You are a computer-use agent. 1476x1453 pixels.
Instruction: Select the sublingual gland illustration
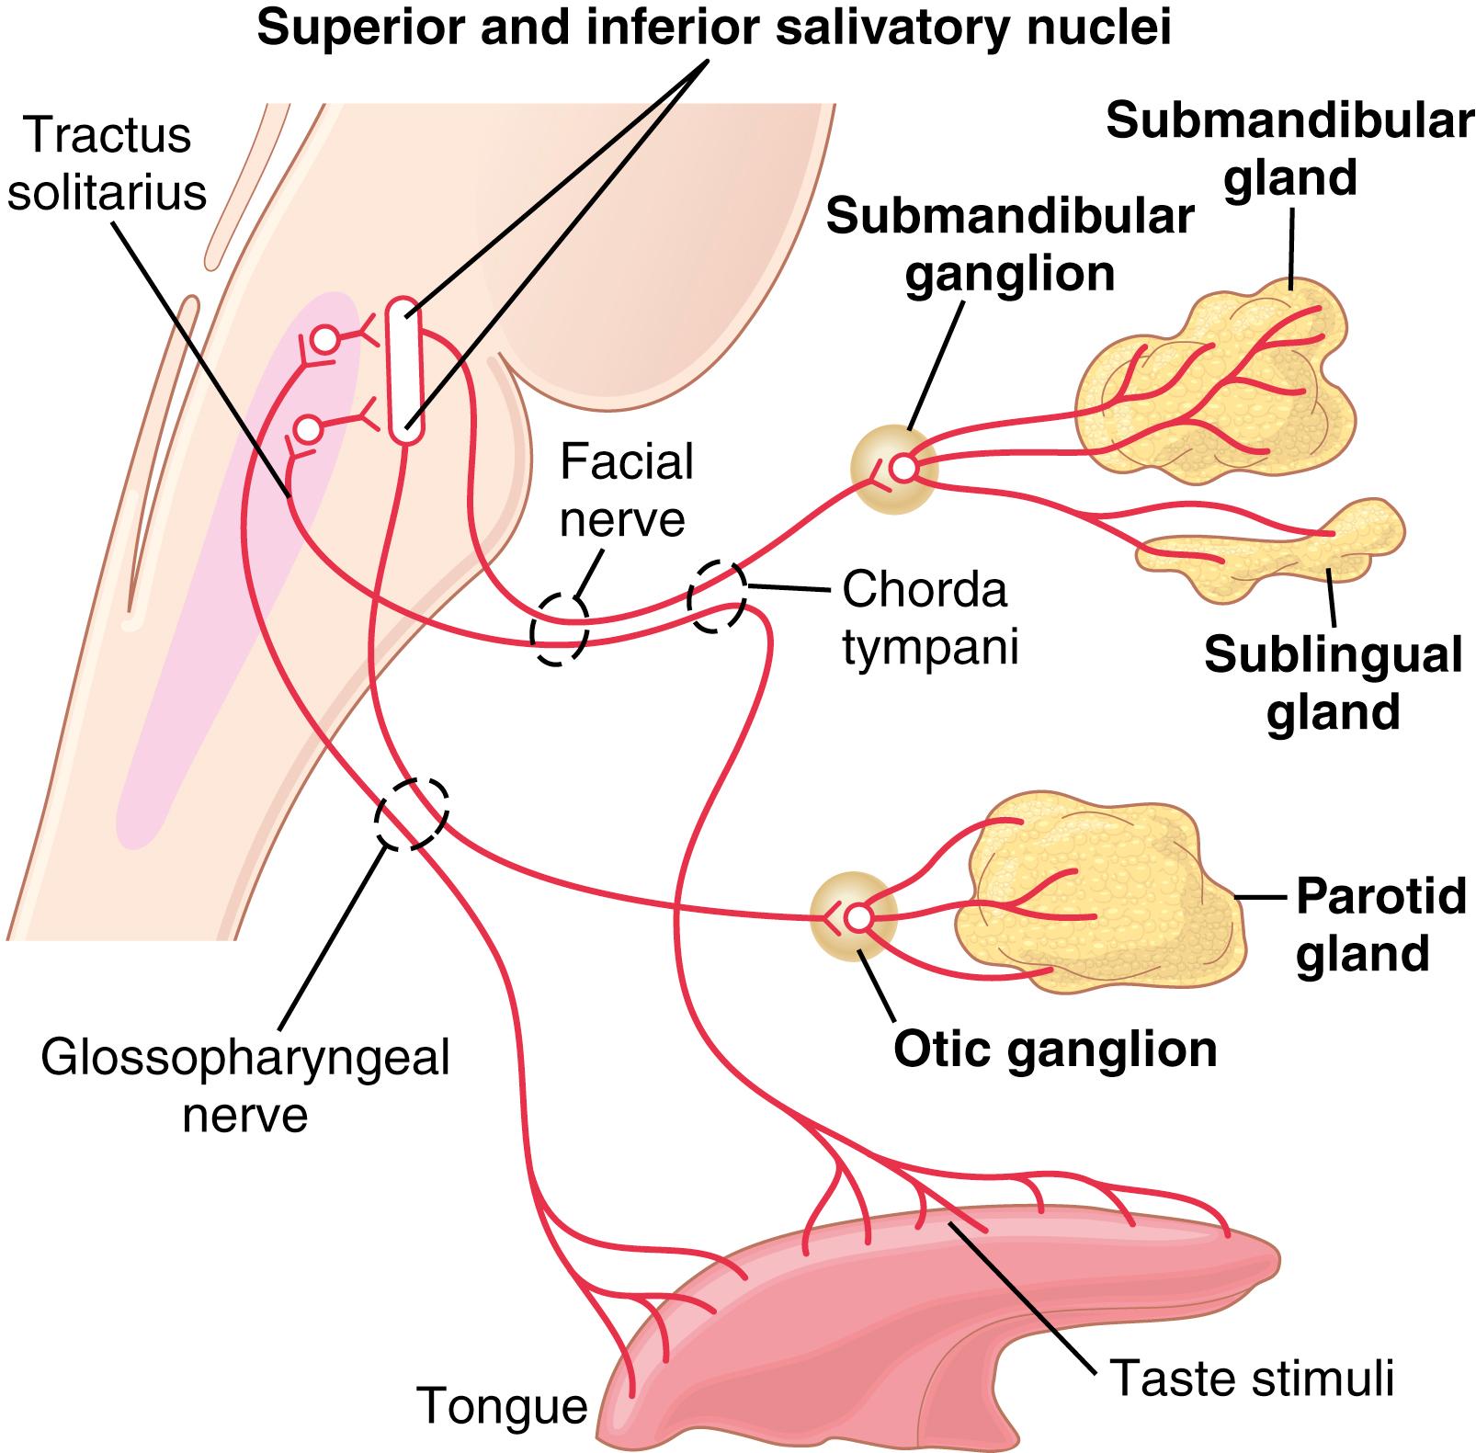pos(1277,550)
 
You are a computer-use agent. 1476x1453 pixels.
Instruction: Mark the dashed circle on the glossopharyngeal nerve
pos(411,814)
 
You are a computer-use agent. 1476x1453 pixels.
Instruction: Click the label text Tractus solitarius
pos(107,165)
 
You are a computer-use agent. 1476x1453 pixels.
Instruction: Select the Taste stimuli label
pos(1253,1378)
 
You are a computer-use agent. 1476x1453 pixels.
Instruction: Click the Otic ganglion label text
pos(1055,1050)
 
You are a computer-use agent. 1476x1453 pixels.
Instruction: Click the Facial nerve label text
pos(625,490)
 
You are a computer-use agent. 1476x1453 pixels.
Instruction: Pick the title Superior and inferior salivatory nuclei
pos(713,28)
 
